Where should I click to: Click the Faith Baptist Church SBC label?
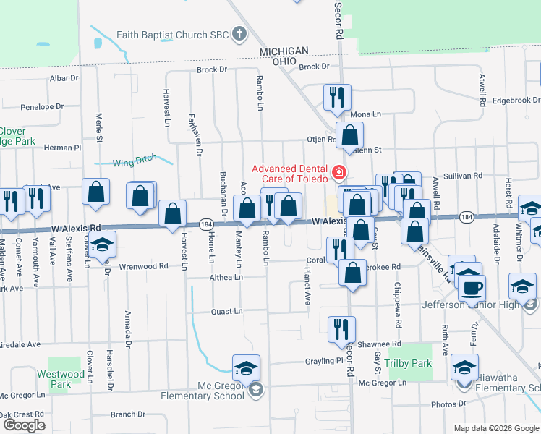click(x=171, y=34)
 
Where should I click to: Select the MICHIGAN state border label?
click(x=284, y=51)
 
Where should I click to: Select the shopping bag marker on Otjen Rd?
click(x=349, y=135)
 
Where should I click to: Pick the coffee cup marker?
click(x=472, y=288)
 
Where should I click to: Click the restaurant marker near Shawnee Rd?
click(x=341, y=329)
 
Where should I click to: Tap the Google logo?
click(x=23, y=425)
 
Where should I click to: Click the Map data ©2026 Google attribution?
click(x=496, y=428)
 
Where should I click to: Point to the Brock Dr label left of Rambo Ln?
click(x=212, y=70)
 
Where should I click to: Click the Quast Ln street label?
click(x=227, y=312)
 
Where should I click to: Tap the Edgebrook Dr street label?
click(x=515, y=100)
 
